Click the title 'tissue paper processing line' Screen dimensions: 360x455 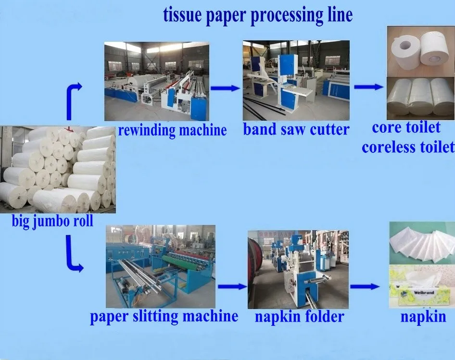coord(258,15)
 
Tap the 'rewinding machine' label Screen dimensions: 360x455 coord(172,130)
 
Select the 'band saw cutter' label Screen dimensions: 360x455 coord(296,129)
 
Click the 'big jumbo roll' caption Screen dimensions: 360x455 coord(53,222)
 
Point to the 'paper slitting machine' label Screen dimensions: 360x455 coord(164,316)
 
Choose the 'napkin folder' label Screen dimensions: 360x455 coord(299,316)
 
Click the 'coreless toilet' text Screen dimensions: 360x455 coord(408,147)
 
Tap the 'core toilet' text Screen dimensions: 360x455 coord(406,127)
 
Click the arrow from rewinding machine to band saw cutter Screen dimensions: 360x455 coord(225,88)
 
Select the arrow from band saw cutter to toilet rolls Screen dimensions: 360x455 coord(368,87)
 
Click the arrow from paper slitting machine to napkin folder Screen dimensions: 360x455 coord(232,286)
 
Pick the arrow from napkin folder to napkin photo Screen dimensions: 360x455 coord(364,287)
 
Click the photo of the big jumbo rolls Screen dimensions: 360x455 coord(58,170)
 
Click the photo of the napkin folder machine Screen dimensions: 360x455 coord(298,270)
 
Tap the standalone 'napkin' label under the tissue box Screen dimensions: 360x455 coord(423,316)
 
